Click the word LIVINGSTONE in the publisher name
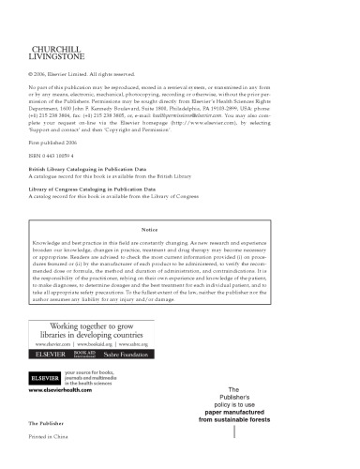coord(57,54)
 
